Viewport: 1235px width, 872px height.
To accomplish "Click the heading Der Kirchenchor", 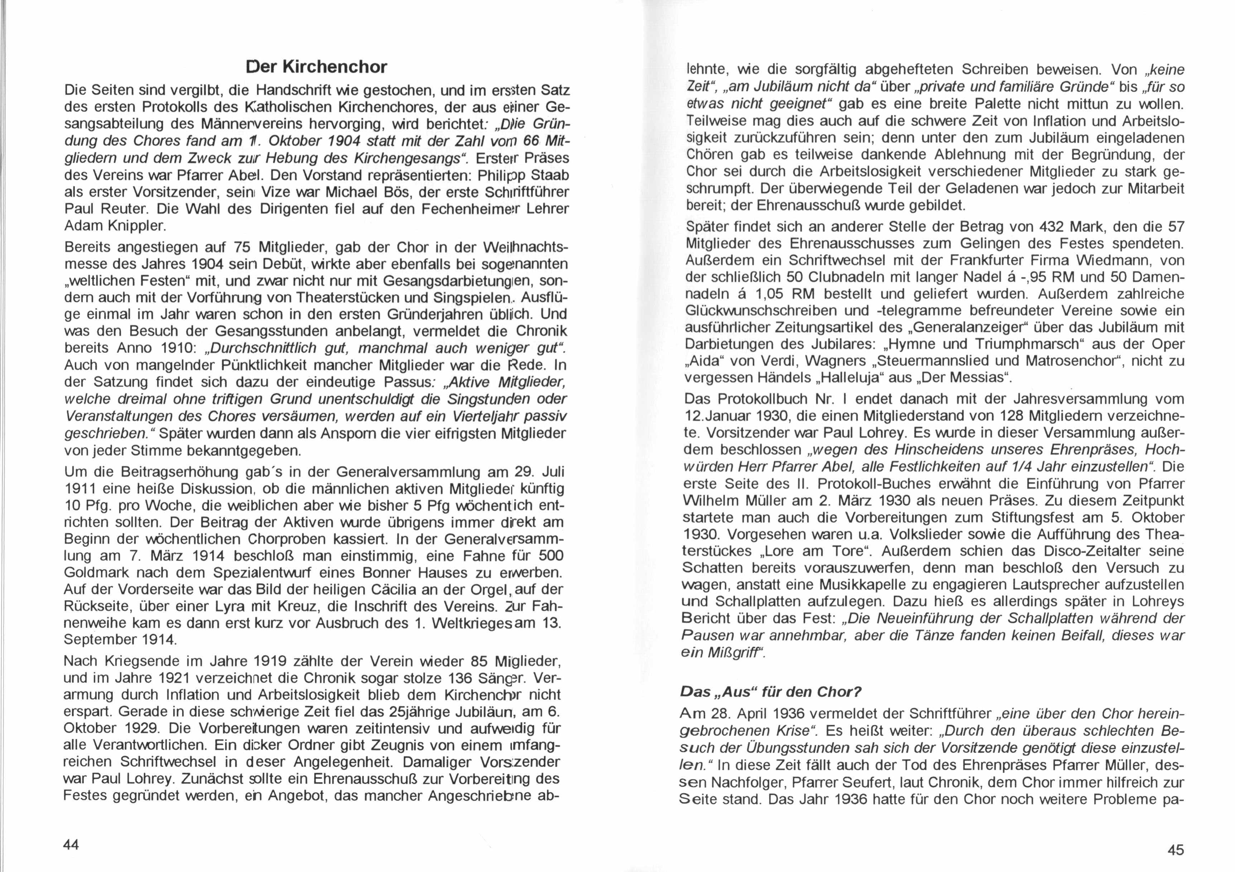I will pyautogui.click(x=316, y=67).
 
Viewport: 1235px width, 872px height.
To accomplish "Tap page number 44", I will pyautogui.click(x=71, y=844).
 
